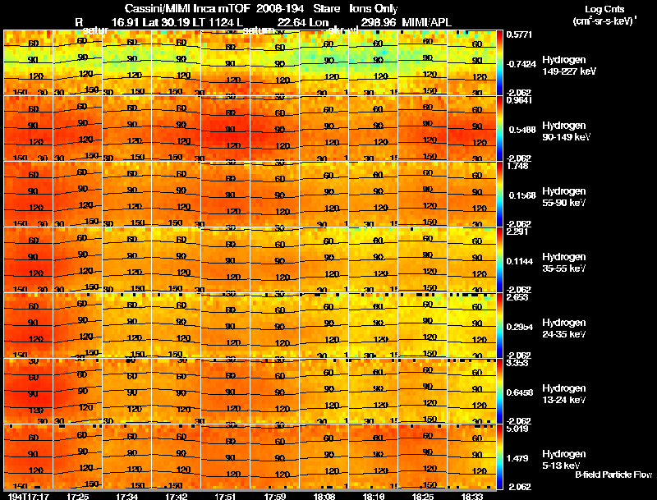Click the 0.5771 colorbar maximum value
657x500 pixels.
[x=518, y=35]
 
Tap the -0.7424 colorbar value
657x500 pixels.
[x=520, y=63]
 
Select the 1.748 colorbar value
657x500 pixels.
[x=517, y=166]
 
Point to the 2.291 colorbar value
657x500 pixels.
[x=517, y=232]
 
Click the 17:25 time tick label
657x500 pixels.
[x=78, y=496]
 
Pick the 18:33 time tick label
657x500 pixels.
[x=472, y=496]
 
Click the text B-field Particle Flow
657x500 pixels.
[x=613, y=475]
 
